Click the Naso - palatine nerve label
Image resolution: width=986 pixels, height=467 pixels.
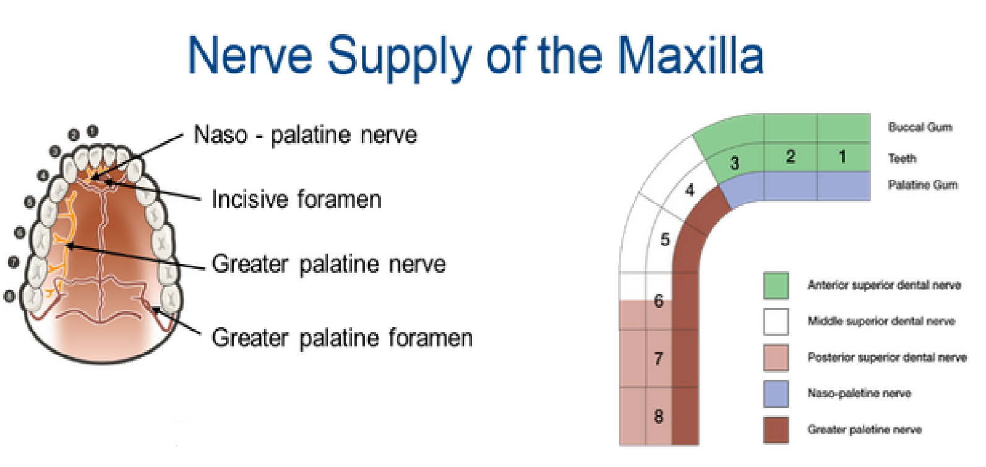coord(305,135)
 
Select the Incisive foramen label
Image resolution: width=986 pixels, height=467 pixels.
coord(296,199)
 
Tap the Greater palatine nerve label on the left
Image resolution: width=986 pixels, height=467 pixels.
coord(328,264)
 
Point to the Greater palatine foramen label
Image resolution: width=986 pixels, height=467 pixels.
coord(341,338)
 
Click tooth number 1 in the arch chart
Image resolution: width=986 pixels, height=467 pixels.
coord(842,156)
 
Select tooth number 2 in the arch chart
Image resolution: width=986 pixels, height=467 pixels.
coord(791,156)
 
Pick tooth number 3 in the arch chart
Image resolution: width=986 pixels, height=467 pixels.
coord(734,163)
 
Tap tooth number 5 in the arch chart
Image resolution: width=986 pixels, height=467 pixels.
coord(665,239)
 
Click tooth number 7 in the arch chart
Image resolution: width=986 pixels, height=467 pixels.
coord(658,358)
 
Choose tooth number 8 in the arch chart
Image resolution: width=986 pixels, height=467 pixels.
coord(658,416)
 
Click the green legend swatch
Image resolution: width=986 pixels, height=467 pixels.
coord(776,286)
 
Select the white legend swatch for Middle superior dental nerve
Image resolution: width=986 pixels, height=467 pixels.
coord(776,322)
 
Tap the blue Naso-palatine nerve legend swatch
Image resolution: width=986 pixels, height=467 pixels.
coord(776,393)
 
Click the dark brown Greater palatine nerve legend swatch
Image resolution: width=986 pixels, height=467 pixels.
coord(776,430)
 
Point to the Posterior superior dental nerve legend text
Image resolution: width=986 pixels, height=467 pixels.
coord(886,358)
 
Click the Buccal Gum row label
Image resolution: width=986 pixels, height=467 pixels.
coord(920,127)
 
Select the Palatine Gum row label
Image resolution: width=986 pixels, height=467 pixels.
coord(922,185)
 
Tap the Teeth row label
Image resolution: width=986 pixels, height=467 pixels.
coord(902,158)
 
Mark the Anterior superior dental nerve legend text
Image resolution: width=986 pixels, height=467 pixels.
coord(884,285)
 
